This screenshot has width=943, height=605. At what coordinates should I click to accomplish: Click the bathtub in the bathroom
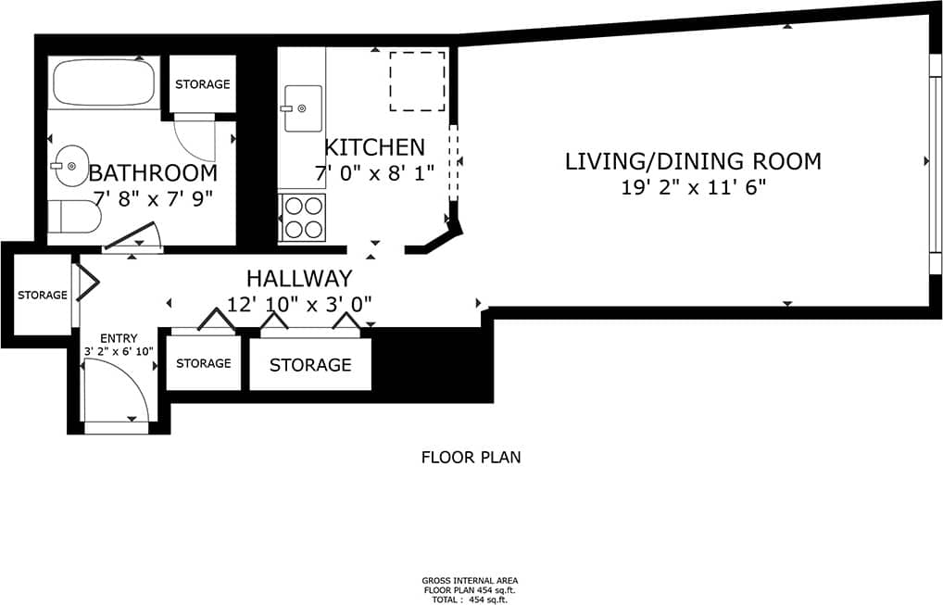coord(105,83)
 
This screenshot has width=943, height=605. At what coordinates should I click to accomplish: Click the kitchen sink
coord(302,108)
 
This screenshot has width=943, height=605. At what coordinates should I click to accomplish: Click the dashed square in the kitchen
coord(417,82)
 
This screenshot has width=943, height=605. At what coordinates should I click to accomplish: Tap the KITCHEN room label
coord(374,147)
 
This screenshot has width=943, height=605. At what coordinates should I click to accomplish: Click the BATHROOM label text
coord(153,173)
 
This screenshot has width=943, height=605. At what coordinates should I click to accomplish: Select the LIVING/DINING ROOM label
coord(693,161)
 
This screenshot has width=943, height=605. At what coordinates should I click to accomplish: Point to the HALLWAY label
coord(298,278)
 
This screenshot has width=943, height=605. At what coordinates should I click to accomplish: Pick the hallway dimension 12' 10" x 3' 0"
coord(298,304)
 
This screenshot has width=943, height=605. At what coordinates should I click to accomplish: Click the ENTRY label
coord(118,338)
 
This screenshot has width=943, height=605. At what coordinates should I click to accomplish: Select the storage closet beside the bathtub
coord(202,84)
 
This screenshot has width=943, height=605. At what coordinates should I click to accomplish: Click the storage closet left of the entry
coord(42,296)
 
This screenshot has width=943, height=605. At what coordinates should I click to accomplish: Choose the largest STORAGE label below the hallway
coord(310,365)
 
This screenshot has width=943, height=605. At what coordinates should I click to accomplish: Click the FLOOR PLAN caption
coord(471,457)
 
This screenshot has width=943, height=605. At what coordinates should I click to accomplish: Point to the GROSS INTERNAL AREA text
coord(471,581)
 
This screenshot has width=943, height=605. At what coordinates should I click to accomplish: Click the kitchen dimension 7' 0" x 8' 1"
coord(374,172)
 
